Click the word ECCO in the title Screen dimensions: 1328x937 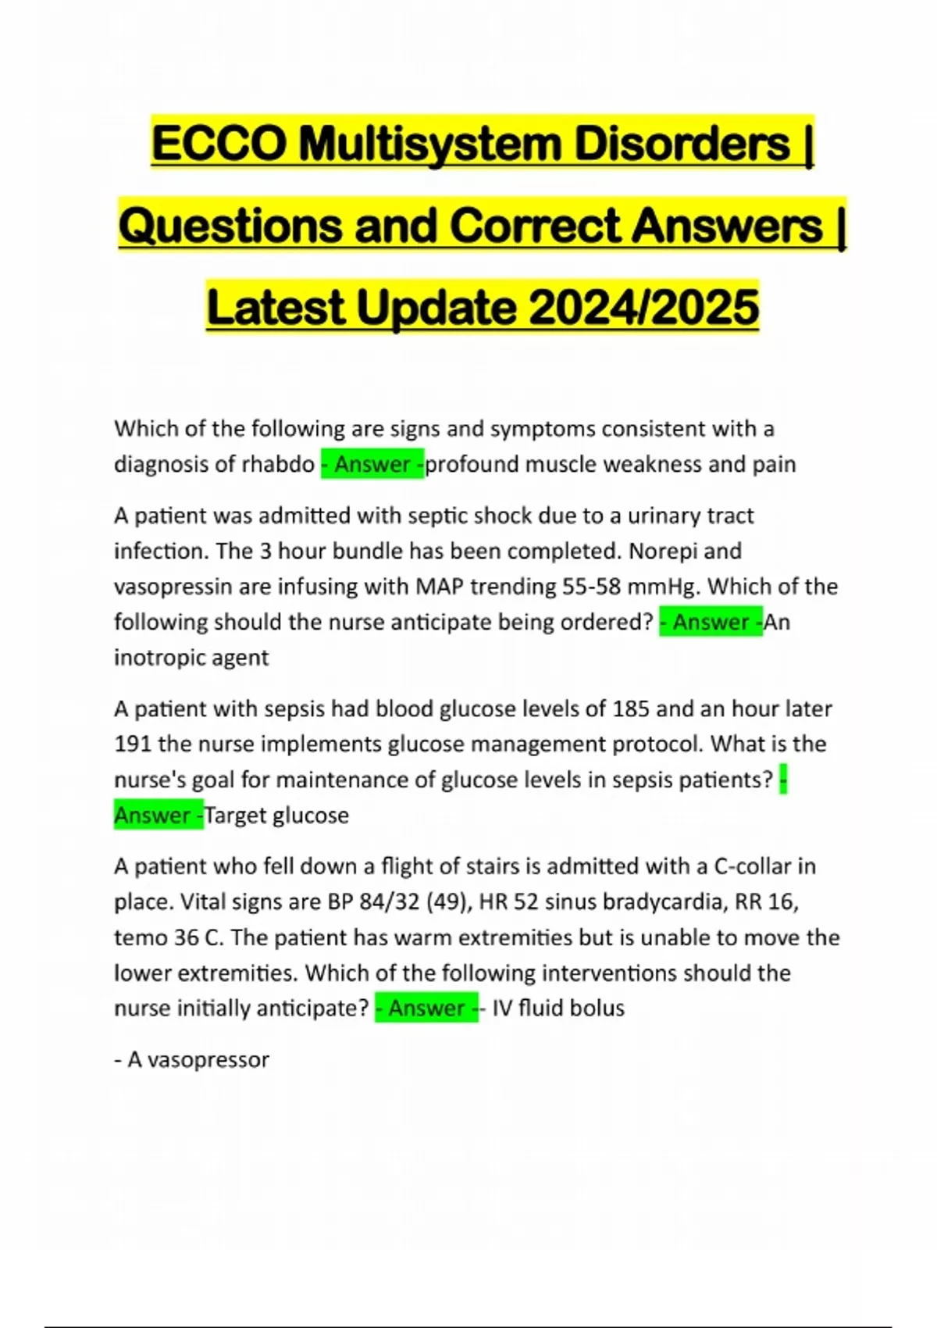pyautogui.click(x=218, y=144)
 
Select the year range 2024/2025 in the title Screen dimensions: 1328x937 pyautogui.click(x=643, y=307)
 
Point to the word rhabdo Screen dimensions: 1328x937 pyautogui.click(x=278, y=464)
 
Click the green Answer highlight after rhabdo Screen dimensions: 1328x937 pyautogui.click(x=372, y=464)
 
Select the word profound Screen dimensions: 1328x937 pyautogui.click(x=471, y=464)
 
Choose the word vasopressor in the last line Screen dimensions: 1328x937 pyautogui.click(x=208, y=1060)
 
